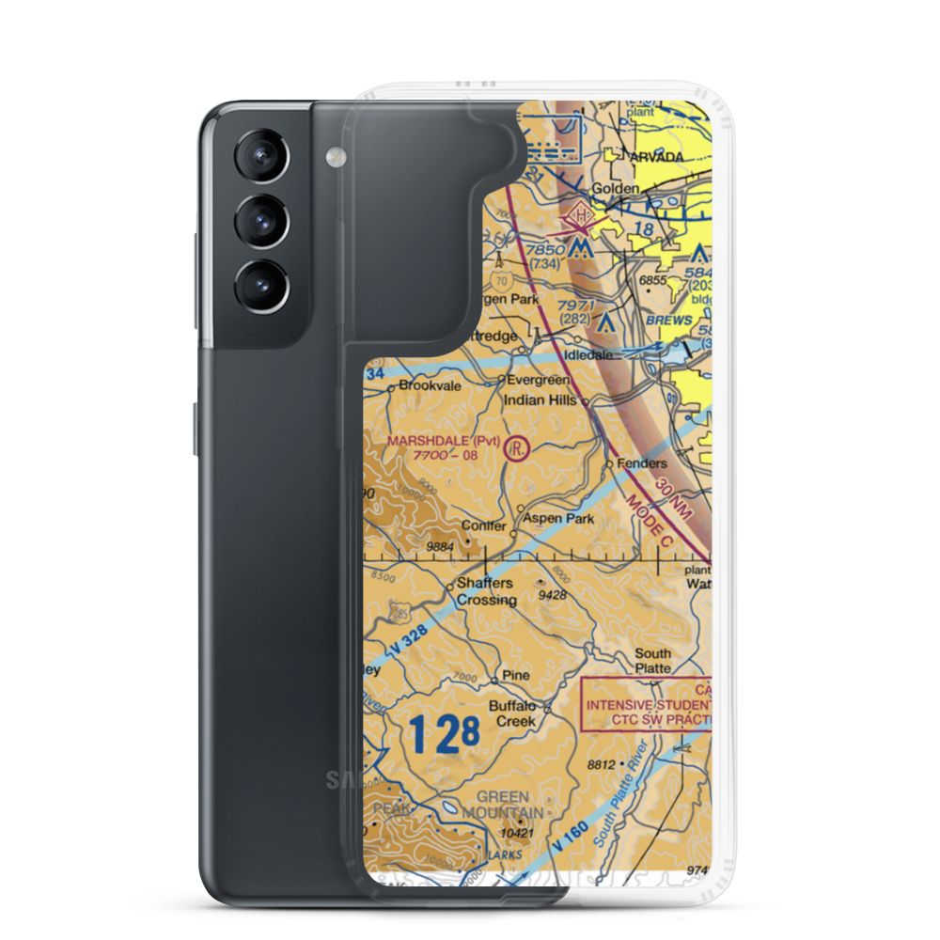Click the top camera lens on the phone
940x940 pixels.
click(258, 156)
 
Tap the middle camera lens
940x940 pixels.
click(258, 223)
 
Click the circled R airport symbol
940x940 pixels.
click(517, 447)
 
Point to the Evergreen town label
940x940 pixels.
click(538, 381)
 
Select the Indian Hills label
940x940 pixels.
click(540, 399)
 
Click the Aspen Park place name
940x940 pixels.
click(558, 518)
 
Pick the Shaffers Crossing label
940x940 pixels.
click(485, 591)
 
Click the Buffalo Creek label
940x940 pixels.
click(512, 713)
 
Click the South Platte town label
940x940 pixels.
click(652, 661)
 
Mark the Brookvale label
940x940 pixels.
click(430, 385)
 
